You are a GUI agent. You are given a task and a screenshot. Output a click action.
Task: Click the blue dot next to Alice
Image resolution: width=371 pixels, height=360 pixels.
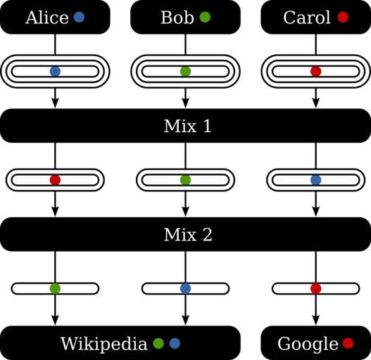(x=79, y=18)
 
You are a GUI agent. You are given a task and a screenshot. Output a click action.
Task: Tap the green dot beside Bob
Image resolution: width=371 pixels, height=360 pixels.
(x=205, y=18)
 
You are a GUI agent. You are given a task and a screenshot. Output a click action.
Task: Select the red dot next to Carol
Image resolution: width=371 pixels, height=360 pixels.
(x=343, y=18)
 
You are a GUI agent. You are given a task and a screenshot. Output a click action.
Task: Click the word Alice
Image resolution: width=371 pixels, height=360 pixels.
(x=47, y=18)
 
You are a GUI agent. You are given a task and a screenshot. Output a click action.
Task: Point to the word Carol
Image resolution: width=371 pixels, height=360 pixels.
(x=307, y=18)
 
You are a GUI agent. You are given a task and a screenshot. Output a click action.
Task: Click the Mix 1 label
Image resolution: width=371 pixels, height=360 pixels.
(x=188, y=126)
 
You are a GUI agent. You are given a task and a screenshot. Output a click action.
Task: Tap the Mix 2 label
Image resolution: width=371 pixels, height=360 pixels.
(x=188, y=234)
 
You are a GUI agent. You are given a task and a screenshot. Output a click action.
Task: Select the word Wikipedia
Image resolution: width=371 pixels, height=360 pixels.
(x=104, y=344)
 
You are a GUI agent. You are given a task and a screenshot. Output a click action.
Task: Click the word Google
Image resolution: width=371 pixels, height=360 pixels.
(x=308, y=344)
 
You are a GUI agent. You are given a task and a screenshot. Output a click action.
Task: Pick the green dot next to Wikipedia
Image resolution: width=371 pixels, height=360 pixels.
(x=158, y=343)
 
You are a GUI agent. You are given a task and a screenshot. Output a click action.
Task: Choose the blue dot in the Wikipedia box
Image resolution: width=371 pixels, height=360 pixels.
(x=175, y=343)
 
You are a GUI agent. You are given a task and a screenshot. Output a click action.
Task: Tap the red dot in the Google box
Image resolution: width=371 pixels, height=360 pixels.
(x=348, y=343)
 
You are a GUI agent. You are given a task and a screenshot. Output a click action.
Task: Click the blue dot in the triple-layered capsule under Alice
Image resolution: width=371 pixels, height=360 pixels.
(x=55, y=72)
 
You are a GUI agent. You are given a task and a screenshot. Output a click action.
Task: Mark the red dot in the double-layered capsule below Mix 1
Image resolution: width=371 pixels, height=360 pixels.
(x=55, y=180)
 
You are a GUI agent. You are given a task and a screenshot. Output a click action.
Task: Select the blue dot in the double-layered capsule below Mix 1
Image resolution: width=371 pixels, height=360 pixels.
(x=316, y=180)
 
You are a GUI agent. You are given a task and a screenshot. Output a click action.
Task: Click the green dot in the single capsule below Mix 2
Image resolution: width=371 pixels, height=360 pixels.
(x=55, y=288)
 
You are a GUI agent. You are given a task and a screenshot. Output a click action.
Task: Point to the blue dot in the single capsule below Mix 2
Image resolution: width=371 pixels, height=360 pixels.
(x=186, y=288)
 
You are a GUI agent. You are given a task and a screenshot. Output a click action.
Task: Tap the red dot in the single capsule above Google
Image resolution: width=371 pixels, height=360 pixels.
(x=316, y=288)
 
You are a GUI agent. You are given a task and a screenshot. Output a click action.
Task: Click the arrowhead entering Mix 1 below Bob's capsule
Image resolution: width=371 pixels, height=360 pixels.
(x=186, y=103)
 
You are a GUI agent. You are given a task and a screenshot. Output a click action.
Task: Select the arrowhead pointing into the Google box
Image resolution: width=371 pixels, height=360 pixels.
(x=316, y=320)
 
